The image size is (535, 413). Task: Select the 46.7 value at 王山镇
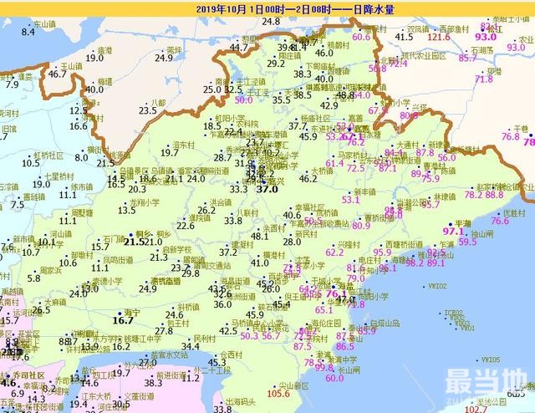(x=57, y=74)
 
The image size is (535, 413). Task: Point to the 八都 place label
(x=156, y=102)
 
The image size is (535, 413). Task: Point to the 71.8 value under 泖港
(x=484, y=79)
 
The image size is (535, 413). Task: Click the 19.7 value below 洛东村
(x=170, y=152)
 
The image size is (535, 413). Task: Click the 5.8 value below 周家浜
(x=33, y=278)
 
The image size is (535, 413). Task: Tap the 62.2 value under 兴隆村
(x=334, y=252)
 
